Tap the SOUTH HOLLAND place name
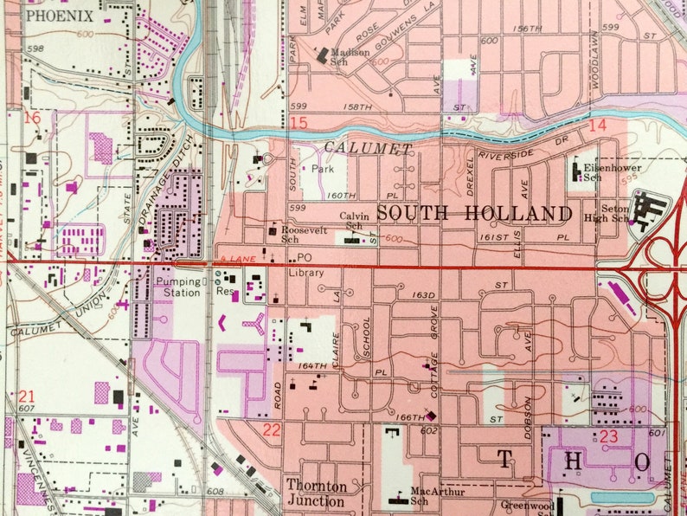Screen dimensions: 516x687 tap(475, 213)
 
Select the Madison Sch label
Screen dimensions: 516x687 tap(350, 57)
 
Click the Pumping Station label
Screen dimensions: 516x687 tap(178, 287)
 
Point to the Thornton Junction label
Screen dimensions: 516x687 tap(315, 493)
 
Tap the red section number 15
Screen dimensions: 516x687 tap(299, 124)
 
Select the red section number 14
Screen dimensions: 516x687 tap(597, 126)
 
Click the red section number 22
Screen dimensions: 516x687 tap(272, 430)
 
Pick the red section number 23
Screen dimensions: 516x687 tap(609, 436)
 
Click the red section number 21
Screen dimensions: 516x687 tap(26, 397)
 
